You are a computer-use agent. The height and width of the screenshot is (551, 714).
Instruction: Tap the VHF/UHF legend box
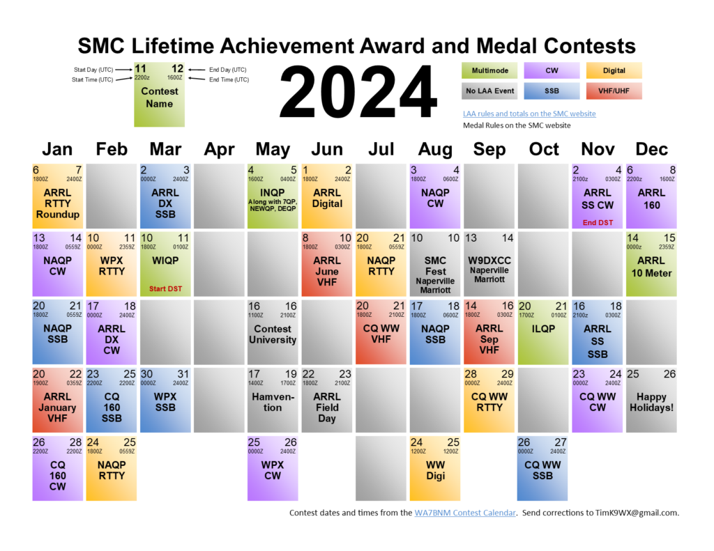(614, 91)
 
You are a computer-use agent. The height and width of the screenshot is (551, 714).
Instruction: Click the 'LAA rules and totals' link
(529, 114)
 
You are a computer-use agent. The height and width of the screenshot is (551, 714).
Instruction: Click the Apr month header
(219, 149)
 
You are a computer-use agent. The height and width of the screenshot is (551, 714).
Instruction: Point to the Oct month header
(543, 149)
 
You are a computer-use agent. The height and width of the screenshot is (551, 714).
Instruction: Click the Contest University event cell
(273, 332)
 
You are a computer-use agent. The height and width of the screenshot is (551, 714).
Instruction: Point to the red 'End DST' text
(598, 223)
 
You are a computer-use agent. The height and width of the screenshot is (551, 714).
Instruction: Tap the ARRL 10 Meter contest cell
(652, 264)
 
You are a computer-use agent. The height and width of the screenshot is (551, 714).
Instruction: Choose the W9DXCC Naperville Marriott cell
(489, 264)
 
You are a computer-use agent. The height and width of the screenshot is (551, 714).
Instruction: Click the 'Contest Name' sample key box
(159, 96)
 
